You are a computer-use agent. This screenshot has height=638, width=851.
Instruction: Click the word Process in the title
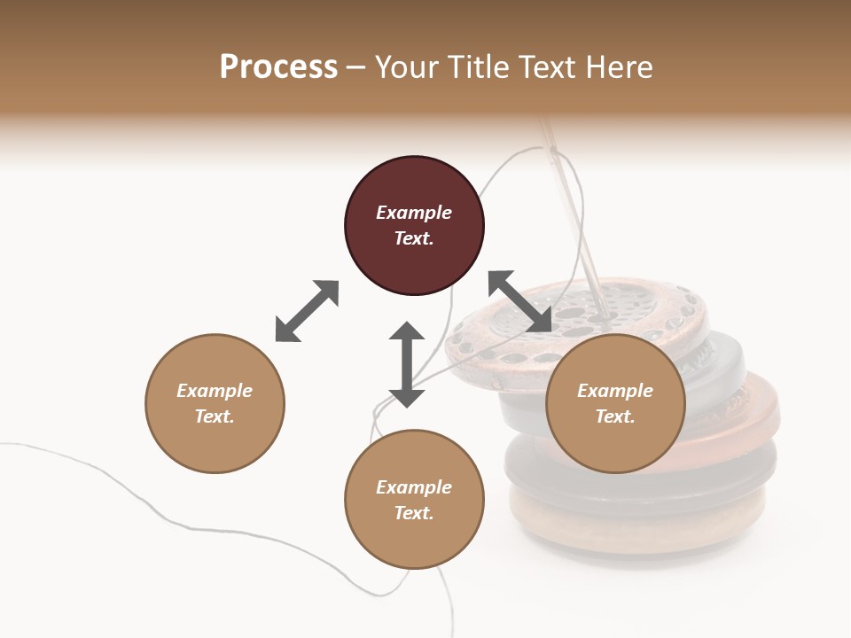click(x=278, y=67)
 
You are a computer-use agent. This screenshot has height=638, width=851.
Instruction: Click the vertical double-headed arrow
click(x=407, y=364)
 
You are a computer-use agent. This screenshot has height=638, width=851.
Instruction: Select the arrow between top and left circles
click(x=307, y=311)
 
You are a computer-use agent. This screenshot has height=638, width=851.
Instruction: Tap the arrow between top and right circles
click(x=520, y=302)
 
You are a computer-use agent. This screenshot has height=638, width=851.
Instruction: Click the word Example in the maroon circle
click(x=414, y=213)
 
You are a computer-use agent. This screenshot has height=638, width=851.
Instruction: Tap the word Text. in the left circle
click(x=215, y=416)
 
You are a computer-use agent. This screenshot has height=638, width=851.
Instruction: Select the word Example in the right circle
click(x=615, y=391)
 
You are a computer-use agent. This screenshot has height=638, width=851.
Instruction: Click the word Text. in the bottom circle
click(x=414, y=513)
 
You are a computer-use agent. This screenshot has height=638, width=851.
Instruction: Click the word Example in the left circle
click(x=215, y=391)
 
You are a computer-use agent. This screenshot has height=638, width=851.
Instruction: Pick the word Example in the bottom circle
click(x=414, y=487)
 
